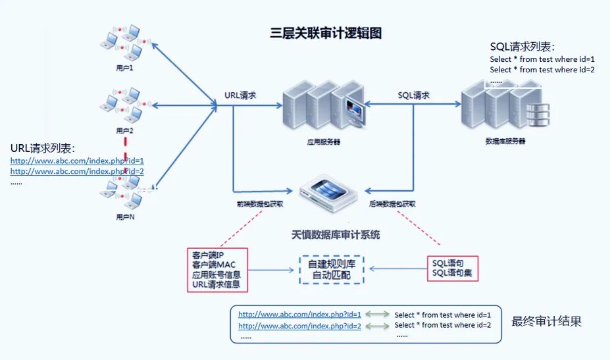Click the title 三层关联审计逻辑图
tap(326, 33)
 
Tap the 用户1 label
tap(124, 68)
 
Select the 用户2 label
tap(124, 130)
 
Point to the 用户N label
tap(124, 216)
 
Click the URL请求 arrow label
tap(240, 95)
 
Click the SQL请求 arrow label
tap(414, 95)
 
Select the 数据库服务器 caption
tap(505, 141)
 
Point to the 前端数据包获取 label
tap(261, 205)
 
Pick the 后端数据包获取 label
tap(392, 205)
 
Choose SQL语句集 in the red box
tap(452, 274)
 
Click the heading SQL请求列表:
tap(522, 47)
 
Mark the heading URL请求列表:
tap(43, 148)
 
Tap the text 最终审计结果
tap(546, 322)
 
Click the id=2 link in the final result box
tap(299, 326)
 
